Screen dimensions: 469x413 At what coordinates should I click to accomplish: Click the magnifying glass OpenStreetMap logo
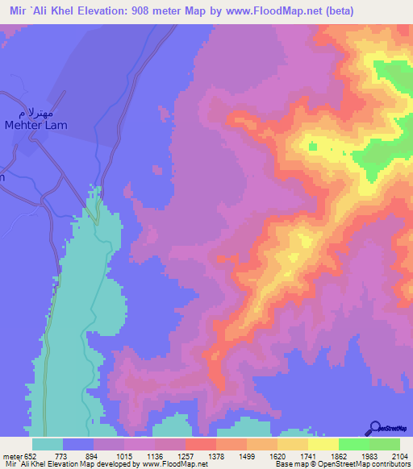tap(376, 428)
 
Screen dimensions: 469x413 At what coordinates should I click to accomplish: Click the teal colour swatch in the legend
tap(48, 444)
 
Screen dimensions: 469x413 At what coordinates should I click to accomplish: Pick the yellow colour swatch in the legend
tap(323, 444)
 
